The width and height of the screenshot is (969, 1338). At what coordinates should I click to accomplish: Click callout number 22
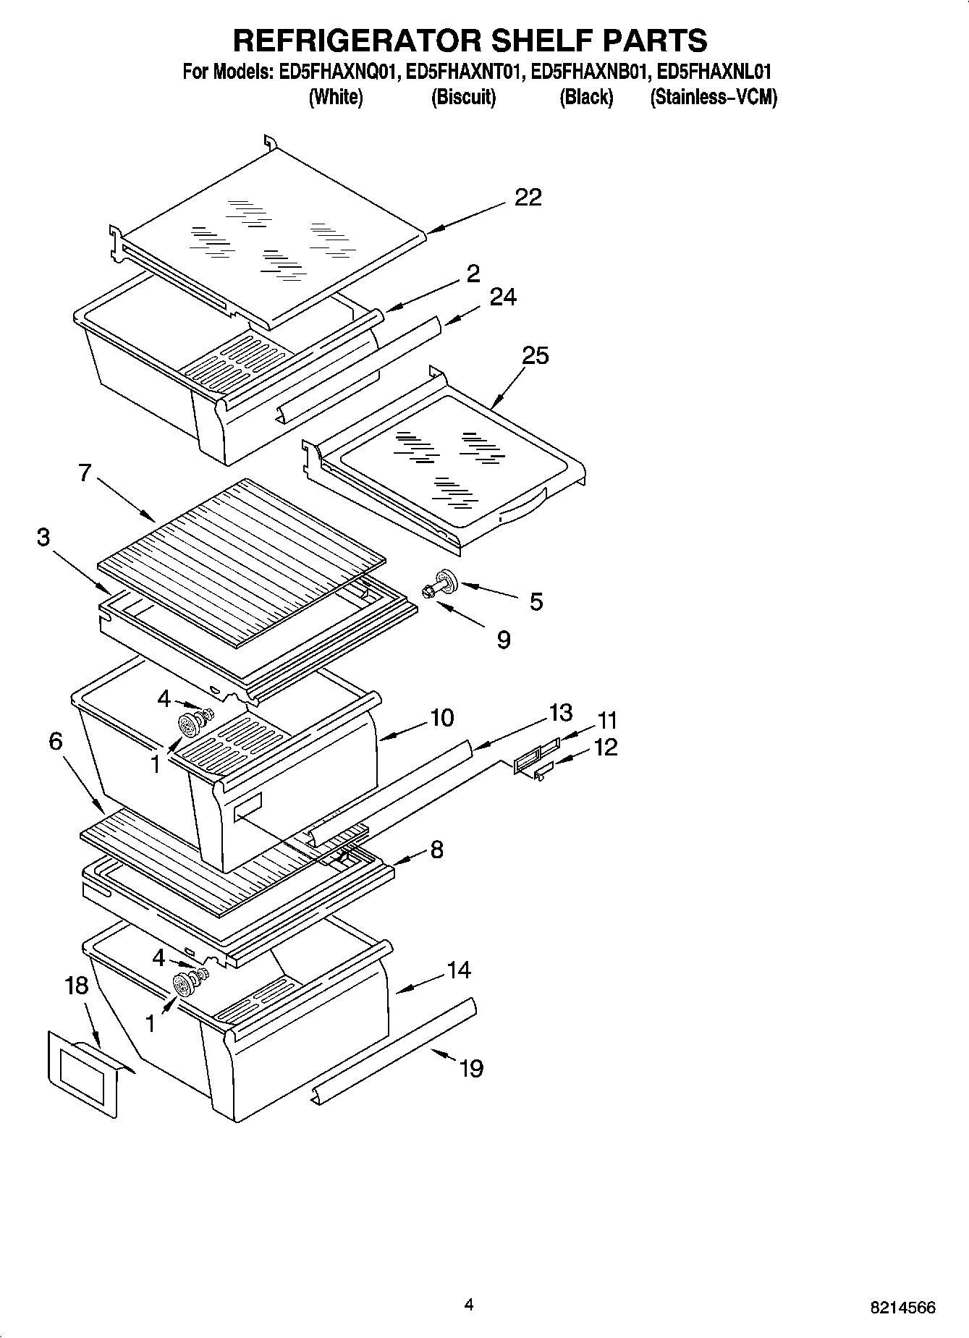pos(528,197)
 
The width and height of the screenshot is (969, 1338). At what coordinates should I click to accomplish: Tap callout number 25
pos(536,355)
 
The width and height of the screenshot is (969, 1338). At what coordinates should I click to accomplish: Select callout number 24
pos(503,297)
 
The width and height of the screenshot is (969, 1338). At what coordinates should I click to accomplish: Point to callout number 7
pos(85,473)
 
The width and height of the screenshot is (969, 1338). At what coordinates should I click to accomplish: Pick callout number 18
pos(76,986)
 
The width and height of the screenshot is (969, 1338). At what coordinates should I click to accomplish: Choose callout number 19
pos(471,1068)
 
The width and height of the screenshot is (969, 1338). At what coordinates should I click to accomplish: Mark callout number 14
pos(459,970)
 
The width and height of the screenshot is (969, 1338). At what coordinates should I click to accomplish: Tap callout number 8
pos(436,849)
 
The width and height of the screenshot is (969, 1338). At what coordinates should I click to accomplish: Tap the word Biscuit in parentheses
pos(463,97)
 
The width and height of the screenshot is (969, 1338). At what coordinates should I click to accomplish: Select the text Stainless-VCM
pos(713,97)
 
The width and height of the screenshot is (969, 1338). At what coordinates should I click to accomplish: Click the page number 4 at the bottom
pos(469,1305)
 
